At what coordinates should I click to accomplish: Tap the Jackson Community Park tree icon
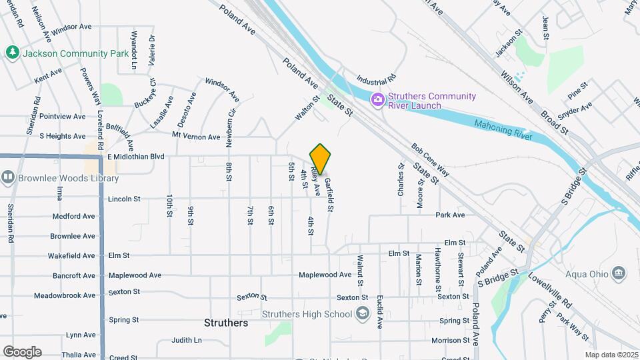tap(11, 53)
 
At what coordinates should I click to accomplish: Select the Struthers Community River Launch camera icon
tap(378, 100)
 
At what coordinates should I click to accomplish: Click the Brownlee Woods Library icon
tap(8, 178)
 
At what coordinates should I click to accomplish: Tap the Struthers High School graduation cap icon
tap(363, 314)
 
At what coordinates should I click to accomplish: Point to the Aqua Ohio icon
tap(619, 273)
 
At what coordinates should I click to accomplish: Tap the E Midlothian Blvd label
tap(136, 157)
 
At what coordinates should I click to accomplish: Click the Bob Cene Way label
tap(430, 160)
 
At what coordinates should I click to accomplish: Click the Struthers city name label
tap(226, 323)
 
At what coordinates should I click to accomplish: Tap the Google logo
tap(21, 352)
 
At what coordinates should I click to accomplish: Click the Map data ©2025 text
tap(611, 355)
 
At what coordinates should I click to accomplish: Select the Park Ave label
tap(450, 215)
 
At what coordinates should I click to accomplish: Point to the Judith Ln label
tap(186, 340)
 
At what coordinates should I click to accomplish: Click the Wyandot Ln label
tap(134, 51)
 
